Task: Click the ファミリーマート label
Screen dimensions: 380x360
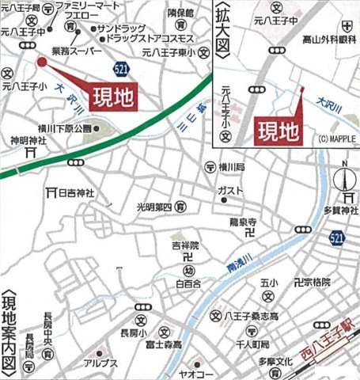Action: (x=89, y=6)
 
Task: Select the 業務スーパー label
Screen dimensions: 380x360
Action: (x=77, y=49)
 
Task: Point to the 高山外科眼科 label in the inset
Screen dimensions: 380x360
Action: (x=327, y=38)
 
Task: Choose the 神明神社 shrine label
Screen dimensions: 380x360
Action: (x=25, y=142)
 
